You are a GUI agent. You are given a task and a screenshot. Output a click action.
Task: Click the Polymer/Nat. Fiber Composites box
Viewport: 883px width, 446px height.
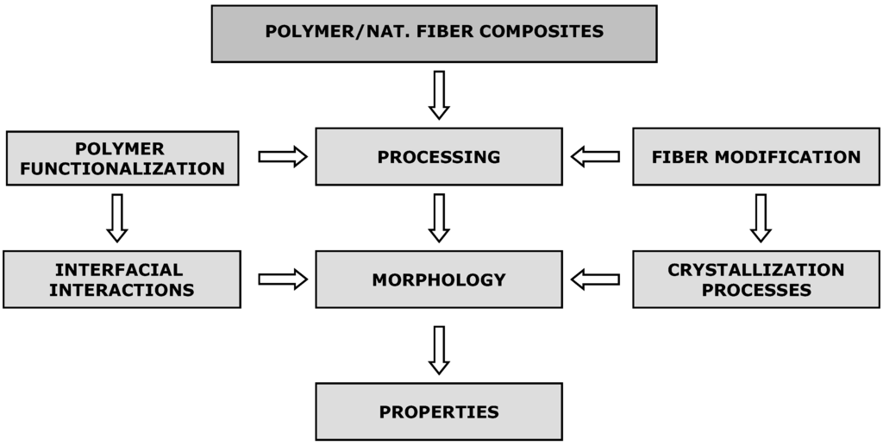pyautogui.click(x=434, y=34)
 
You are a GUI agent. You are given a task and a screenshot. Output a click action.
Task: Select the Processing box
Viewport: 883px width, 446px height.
pyautogui.click(x=438, y=157)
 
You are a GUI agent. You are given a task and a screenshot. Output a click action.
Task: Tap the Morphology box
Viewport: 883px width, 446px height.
pyautogui.click(x=438, y=280)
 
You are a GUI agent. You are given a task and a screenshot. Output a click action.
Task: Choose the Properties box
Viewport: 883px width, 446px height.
pyautogui.click(x=438, y=411)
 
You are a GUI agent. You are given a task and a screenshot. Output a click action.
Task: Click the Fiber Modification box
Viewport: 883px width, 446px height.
pyautogui.click(x=755, y=157)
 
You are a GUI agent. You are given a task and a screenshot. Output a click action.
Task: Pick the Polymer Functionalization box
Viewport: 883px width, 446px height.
pyautogui.click(x=122, y=158)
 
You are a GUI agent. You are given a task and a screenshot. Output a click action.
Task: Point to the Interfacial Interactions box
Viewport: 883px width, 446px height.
pyautogui.click(x=122, y=280)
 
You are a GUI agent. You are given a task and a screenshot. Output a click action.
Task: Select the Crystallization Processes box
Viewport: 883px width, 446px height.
pyautogui.click(x=755, y=280)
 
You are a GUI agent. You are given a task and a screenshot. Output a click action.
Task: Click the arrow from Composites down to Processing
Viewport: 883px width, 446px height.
pyautogui.click(x=439, y=94)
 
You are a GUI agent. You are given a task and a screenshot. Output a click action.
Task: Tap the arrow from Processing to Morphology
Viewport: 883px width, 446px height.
pyautogui.click(x=439, y=217)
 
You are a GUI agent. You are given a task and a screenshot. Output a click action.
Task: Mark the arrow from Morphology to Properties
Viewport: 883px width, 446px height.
pyautogui.click(x=439, y=349)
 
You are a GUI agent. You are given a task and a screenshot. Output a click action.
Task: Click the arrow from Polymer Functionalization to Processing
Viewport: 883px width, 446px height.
pyautogui.click(x=283, y=156)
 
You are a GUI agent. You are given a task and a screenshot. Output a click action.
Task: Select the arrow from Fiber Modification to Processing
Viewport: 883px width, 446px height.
pyautogui.click(x=595, y=156)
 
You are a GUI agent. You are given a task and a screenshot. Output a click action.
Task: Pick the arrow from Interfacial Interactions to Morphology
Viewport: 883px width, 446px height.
pyautogui.click(x=283, y=279)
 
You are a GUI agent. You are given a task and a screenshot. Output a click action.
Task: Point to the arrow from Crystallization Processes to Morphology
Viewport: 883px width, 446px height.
pyautogui.click(x=595, y=279)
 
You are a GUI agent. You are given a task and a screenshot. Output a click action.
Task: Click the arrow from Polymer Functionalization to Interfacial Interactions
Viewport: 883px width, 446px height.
pyautogui.click(x=117, y=217)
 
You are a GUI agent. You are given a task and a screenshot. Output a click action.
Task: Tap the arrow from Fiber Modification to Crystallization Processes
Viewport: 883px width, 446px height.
pyautogui.click(x=760, y=217)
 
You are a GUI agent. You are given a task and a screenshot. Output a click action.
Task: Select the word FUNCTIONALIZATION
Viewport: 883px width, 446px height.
pyautogui.click(x=122, y=169)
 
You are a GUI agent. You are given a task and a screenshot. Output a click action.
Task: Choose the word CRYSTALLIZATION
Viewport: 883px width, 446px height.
pyautogui.click(x=755, y=269)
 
